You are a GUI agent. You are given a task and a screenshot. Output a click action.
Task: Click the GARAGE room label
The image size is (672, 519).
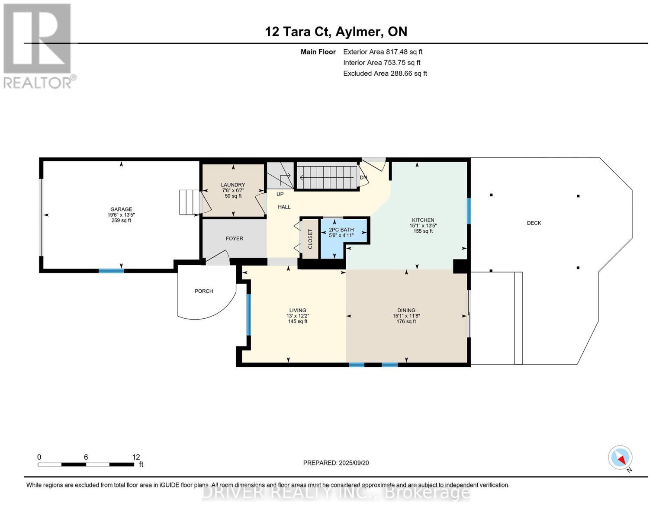click(x=121, y=209)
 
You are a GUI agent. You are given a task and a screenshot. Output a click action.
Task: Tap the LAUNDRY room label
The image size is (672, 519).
click(x=233, y=185)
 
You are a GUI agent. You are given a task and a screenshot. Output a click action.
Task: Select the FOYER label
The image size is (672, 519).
click(x=235, y=238)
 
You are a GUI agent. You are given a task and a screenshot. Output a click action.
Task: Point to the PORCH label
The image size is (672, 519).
click(x=204, y=291)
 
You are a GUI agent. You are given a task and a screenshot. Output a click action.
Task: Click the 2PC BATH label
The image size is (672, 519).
click(x=341, y=230)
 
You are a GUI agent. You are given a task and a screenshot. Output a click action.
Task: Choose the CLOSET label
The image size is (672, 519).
click(x=310, y=239)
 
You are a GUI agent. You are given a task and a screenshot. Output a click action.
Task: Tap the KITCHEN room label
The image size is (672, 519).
click(x=423, y=220)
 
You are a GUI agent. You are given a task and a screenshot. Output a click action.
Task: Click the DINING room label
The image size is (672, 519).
click(x=406, y=310)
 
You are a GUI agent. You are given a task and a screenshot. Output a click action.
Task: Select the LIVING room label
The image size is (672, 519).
click(x=298, y=310)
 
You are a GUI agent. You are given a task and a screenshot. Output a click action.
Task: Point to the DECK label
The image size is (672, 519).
click(x=534, y=223)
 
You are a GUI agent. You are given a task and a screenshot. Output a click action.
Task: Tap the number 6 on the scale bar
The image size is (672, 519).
click(x=86, y=457)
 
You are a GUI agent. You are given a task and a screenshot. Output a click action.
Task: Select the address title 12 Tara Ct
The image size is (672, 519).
click(x=298, y=32)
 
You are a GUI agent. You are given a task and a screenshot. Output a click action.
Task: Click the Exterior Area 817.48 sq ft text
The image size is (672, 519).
click(x=383, y=52)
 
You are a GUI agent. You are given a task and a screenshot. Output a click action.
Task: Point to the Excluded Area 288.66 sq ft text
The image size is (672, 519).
click(x=385, y=74)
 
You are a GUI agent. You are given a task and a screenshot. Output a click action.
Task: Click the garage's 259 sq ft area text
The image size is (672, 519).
click(x=121, y=221)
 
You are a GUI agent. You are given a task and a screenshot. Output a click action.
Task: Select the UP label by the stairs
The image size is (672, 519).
click(x=280, y=194)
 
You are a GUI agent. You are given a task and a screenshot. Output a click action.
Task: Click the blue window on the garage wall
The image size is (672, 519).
click(x=111, y=271)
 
